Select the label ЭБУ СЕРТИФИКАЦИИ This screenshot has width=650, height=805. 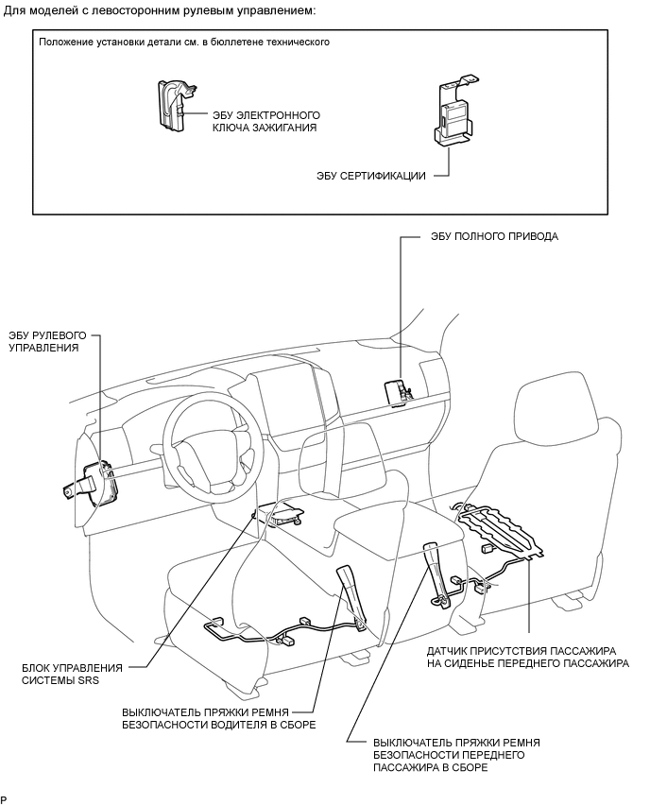point(372,176)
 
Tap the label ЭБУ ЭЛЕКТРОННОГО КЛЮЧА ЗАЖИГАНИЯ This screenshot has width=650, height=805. point(264,120)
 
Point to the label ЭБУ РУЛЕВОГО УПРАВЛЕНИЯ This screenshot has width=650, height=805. point(47,341)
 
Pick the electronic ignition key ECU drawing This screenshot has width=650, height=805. point(173,104)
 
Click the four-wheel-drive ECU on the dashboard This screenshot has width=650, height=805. point(396,389)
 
